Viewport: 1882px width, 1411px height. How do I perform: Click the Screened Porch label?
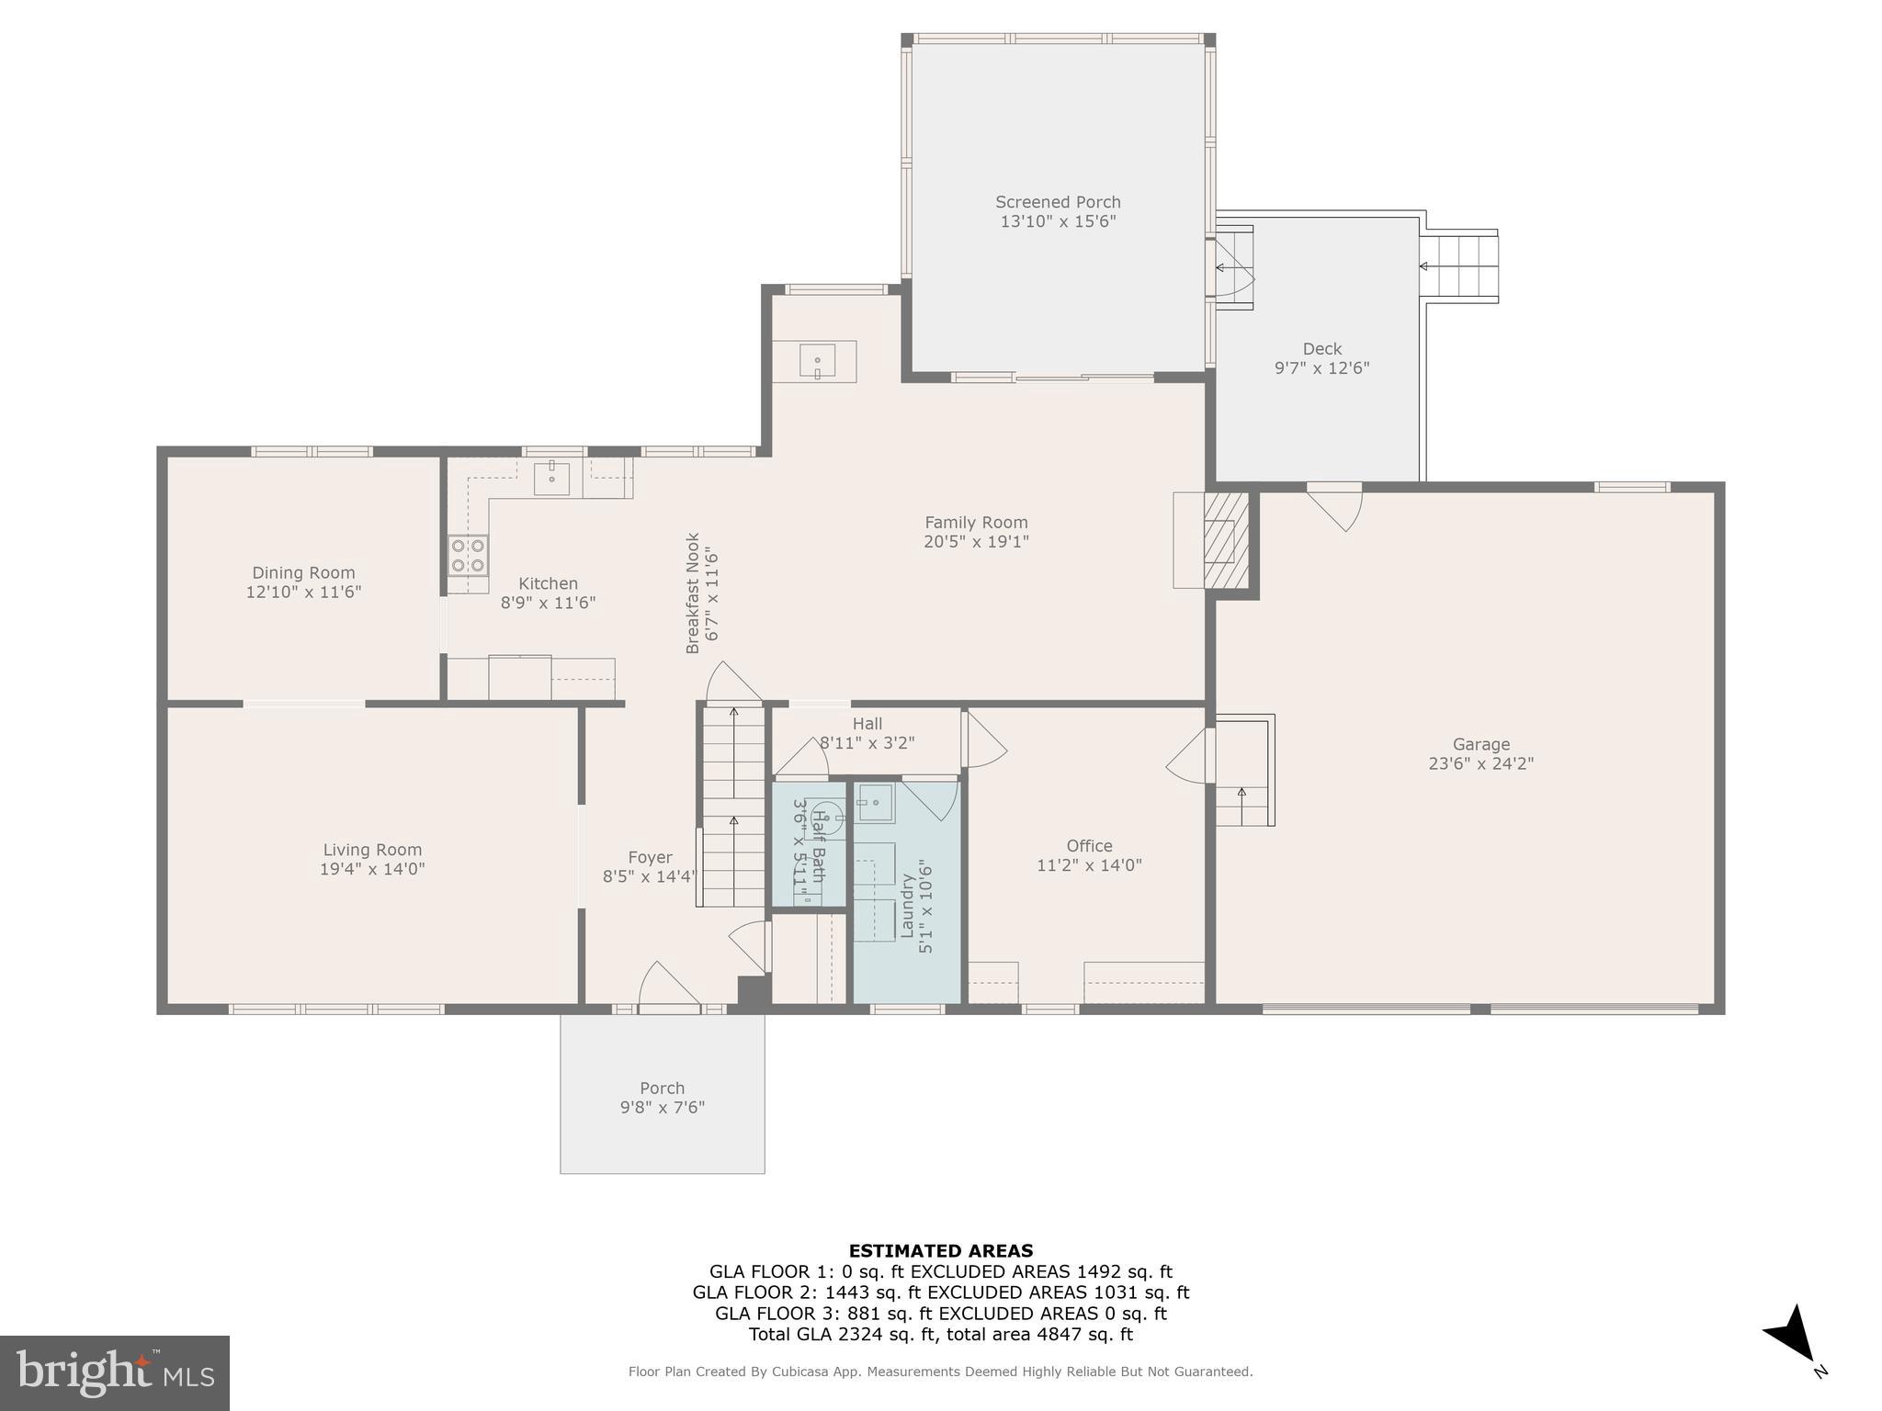[x=1058, y=202]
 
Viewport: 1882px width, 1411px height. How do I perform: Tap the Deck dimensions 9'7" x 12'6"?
[x=1321, y=368]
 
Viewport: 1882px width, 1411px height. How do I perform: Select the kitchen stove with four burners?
[x=468, y=554]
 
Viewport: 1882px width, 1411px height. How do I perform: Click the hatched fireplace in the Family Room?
[x=1225, y=540]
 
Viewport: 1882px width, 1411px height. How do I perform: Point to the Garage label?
[x=1480, y=744]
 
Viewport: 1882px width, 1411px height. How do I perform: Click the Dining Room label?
[x=303, y=573]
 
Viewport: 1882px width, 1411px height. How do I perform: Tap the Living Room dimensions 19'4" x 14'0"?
[x=372, y=869]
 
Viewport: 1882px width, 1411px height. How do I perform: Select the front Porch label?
[x=662, y=1088]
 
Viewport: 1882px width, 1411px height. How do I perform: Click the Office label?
[x=1089, y=846]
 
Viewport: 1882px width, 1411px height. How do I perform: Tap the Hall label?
[x=867, y=724]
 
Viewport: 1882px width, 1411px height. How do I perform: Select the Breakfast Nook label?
[x=693, y=593]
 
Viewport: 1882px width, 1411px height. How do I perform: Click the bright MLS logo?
[x=115, y=1372]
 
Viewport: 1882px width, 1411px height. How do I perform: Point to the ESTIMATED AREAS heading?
[x=940, y=1250]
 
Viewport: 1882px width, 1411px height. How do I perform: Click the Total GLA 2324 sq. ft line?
[x=940, y=1335]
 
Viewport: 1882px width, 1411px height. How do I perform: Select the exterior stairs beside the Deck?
[x=1459, y=266]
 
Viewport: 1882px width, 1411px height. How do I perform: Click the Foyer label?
[x=650, y=858]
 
